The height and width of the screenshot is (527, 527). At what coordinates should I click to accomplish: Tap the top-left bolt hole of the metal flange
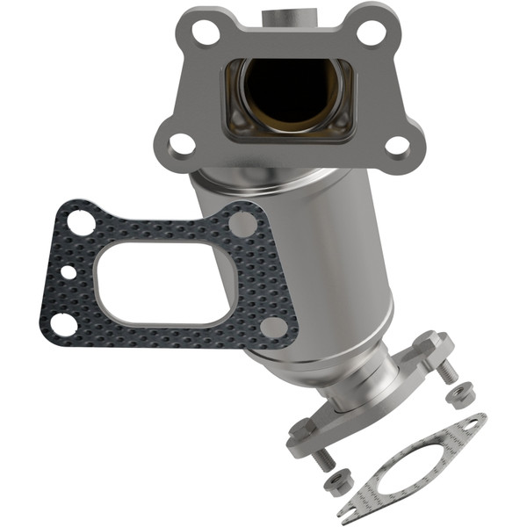tap(206, 33)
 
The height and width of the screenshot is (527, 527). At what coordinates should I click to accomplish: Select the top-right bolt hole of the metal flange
tap(372, 33)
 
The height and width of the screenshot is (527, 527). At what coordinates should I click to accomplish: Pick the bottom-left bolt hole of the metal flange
tap(181, 142)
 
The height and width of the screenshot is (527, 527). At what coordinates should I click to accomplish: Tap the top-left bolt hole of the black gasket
tap(82, 222)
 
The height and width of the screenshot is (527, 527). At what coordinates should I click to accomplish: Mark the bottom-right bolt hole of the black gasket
tap(274, 328)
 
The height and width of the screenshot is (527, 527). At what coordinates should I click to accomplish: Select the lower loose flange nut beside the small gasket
tap(338, 482)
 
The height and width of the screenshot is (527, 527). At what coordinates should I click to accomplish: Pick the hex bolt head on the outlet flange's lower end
tap(302, 430)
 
